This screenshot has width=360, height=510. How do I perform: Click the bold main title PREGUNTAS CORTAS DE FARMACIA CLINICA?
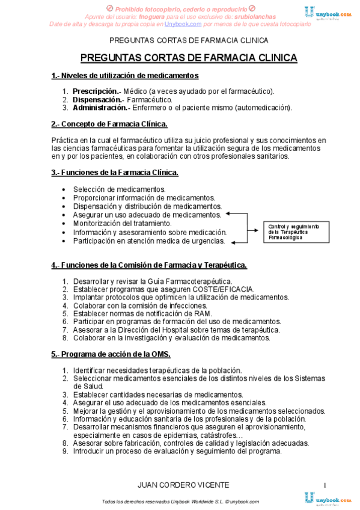(188, 58)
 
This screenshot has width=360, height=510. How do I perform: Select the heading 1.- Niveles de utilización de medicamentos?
(125, 76)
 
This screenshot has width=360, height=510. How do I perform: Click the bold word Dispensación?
(97, 99)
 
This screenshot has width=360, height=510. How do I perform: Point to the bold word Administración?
(100, 108)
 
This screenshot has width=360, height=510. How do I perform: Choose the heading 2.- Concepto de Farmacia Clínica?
(109, 124)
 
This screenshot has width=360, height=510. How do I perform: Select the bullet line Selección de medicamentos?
(119, 189)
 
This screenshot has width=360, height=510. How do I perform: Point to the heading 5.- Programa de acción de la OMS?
(111, 353)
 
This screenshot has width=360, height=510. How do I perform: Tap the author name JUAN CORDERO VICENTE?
(174, 485)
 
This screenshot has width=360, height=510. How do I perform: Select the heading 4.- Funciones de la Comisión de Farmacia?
(149, 265)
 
